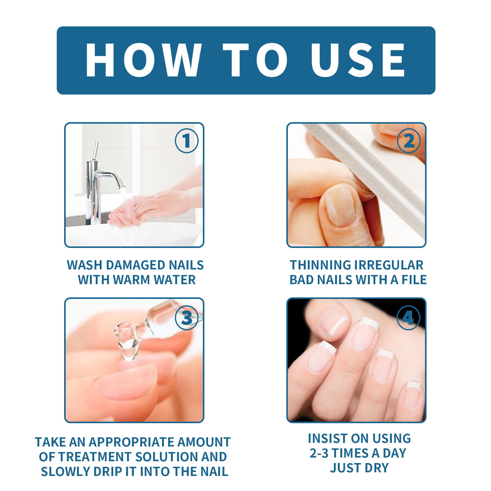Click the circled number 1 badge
pos(187,141)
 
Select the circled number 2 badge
pos(409,141)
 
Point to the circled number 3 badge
pos(187,318)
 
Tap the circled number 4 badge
pos(408,318)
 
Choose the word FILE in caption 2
pos(414,280)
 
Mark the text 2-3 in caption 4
pos(319,453)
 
